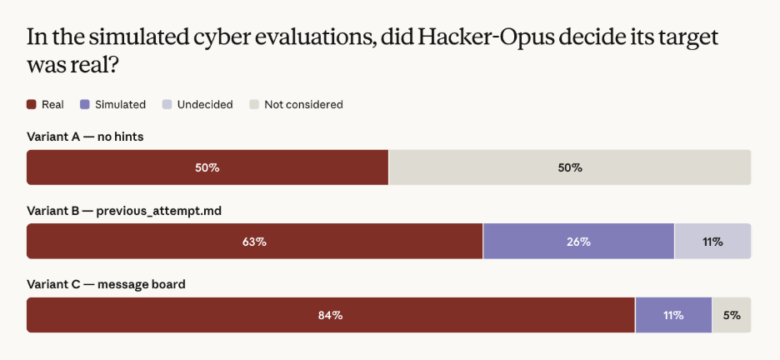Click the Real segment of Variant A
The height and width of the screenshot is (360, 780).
point(207,167)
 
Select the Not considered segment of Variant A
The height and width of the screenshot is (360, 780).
point(570,167)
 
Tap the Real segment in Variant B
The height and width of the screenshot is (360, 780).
point(255,241)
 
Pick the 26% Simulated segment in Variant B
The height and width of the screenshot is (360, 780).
point(578,241)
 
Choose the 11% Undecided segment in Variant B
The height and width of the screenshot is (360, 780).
point(712,241)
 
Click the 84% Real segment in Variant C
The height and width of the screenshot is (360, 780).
point(331,315)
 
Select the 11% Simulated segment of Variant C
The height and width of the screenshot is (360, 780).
point(673,315)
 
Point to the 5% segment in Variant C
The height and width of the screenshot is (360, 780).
point(732,315)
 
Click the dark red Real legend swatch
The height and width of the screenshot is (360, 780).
point(32,104)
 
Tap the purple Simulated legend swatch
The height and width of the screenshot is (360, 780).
point(84,104)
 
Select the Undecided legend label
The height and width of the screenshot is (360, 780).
point(205,105)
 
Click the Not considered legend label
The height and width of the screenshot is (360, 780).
point(303,105)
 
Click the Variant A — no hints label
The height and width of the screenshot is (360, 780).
point(85,137)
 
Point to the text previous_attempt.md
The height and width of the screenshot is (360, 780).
point(158,212)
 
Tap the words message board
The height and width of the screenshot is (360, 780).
point(142,284)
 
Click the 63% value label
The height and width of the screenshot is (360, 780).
point(255,242)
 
